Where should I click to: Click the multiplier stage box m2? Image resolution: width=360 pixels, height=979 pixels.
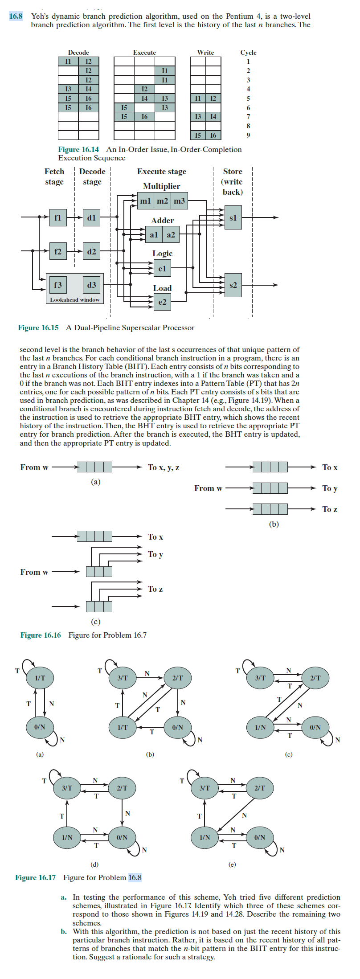click(x=162, y=201)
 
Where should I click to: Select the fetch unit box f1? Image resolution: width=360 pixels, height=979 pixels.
click(x=58, y=217)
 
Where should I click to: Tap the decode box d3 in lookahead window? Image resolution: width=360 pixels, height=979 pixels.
click(x=92, y=285)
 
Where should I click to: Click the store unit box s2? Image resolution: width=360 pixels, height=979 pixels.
click(x=233, y=285)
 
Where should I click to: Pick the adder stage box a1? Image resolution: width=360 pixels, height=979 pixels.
click(x=154, y=234)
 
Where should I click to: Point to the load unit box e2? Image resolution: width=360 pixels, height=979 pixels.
click(x=162, y=302)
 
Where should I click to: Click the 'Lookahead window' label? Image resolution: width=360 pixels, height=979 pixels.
click(x=75, y=300)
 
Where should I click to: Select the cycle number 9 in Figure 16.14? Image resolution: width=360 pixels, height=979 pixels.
click(x=248, y=135)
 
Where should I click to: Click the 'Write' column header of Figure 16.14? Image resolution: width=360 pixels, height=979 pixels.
click(x=205, y=53)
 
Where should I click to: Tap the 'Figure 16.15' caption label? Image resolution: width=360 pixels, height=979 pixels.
click(x=38, y=328)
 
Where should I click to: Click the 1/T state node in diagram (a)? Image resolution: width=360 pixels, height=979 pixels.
click(x=40, y=678)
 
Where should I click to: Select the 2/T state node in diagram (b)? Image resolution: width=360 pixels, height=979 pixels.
click(x=177, y=678)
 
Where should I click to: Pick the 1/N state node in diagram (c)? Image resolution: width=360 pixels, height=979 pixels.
click(x=260, y=727)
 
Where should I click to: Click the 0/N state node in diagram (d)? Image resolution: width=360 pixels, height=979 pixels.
click(x=122, y=837)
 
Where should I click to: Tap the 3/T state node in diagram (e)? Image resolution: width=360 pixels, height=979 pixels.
click(x=205, y=788)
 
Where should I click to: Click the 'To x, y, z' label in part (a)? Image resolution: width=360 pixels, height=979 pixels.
click(x=164, y=467)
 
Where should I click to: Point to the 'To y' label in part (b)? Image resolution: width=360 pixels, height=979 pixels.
click(x=330, y=488)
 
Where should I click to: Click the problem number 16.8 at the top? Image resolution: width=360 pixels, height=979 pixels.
click(x=16, y=16)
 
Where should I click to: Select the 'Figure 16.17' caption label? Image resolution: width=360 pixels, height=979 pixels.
click(x=36, y=877)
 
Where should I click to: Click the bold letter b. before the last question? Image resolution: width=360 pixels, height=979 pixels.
click(x=64, y=931)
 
